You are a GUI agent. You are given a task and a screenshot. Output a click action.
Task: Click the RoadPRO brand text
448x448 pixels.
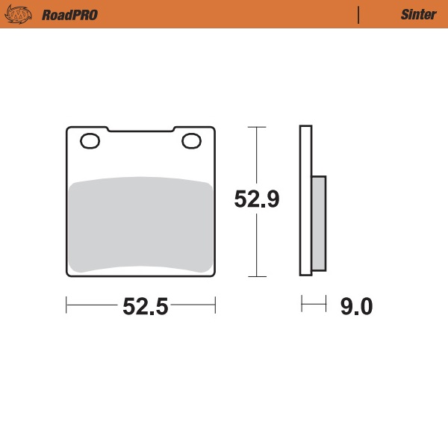(x=69, y=14)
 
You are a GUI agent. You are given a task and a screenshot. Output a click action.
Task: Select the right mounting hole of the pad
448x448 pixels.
(x=191, y=140)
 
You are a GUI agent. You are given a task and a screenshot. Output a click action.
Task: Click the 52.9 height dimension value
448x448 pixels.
(x=257, y=200)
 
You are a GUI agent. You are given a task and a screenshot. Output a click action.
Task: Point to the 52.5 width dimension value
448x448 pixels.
(x=141, y=305)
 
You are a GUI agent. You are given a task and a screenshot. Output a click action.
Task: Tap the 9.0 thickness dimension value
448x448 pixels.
(x=355, y=305)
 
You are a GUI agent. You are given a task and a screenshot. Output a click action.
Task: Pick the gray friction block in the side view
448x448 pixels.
(x=319, y=223)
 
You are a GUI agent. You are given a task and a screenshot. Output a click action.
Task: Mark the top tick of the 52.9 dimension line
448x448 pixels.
(x=257, y=128)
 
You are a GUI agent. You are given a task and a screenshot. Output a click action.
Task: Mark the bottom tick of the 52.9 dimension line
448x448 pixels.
(x=257, y=276)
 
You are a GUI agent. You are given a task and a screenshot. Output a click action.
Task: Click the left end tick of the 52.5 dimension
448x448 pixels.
(x=67, y=305)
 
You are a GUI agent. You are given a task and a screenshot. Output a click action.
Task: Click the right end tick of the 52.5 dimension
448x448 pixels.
(x=215, y=305)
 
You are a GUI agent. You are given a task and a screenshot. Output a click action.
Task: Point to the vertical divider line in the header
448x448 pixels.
(x=359, y=14)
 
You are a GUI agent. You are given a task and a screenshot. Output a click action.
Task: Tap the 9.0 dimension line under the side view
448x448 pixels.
(x=314, y=305)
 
